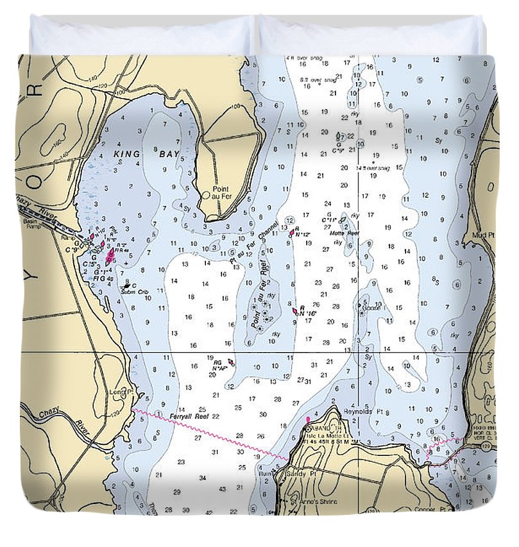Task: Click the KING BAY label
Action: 147,154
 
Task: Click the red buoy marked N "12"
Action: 292,232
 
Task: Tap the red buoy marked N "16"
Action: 294,310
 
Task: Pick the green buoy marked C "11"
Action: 343,220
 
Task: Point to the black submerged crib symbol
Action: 126,286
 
